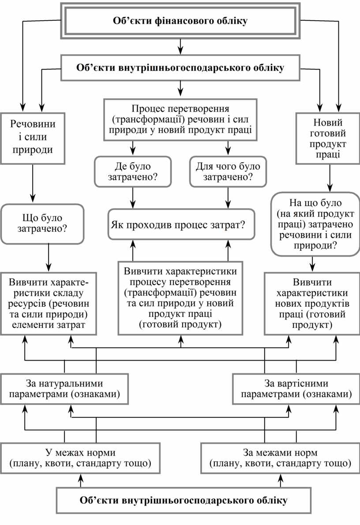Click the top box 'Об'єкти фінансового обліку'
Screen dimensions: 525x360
[x=180, y=20]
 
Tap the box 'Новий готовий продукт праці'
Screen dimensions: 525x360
[x=327, y=138]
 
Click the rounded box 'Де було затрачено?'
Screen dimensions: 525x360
[x=132, y=171]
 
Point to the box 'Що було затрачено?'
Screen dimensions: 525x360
[x=42, y=223]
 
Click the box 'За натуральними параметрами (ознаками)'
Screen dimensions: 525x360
[x=64, y=389]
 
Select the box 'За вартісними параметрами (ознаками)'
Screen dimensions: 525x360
[x=296, y=389]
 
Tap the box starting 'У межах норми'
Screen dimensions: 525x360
[x=81, y=458]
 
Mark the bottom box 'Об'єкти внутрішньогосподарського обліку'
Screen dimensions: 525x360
[x=184, y=501]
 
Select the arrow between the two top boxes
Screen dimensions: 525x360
[x=180, y=45]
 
